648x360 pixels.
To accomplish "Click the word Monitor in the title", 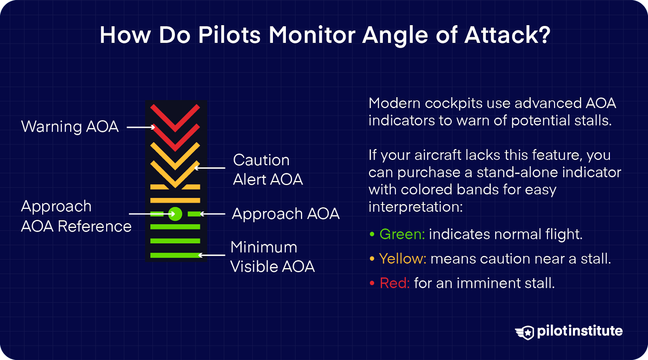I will point(312,35).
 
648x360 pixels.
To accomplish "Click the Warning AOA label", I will point(70,127).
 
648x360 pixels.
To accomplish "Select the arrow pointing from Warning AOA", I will point(141,127).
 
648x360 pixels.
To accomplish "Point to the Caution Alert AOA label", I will point(267,170).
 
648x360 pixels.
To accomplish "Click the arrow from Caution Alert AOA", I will point(210,168).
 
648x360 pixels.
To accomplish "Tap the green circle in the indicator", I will point(175,213).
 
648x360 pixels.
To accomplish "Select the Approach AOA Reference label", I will point(76,216).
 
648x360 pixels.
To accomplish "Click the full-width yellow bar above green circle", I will point(175,200).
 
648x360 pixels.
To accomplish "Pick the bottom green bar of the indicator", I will point(175,255).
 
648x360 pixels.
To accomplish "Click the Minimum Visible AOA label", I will point(272,257).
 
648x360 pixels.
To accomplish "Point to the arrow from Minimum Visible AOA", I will point(212,255).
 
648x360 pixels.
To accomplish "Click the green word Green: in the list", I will point(402,234).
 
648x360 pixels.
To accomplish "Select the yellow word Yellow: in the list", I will point(403,259).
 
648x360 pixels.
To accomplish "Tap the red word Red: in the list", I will point(394,283).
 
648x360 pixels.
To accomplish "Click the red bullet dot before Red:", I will point(372,283).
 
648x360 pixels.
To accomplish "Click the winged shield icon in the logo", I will point(525,332).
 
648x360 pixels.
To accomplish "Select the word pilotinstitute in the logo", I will point(580,331).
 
